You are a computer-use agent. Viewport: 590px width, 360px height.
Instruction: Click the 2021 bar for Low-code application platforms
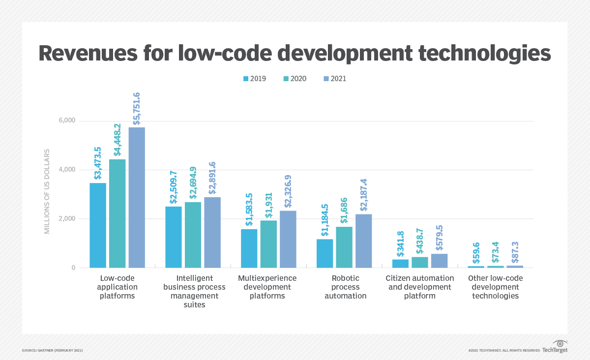click(x=137, y=197)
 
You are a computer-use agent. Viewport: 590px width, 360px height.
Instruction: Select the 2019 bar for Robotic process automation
click(x=324, y=253)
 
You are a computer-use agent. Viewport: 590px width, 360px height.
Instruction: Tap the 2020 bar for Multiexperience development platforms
click(x=268, y=244)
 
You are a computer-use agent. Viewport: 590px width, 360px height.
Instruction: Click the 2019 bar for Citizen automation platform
click(x=400, y=264)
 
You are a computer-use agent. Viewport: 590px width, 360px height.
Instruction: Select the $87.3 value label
click(x=515, y=251)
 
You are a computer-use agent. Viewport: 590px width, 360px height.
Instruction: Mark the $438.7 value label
click(x=420, y=241)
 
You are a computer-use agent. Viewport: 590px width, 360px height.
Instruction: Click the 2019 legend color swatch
click(x=246, y=79)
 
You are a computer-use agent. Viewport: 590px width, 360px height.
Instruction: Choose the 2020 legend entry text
click(x=298, y=79)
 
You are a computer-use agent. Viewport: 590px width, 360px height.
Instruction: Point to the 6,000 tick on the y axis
click(x=67, y=120)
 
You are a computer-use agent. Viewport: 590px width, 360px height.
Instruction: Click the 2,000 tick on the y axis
click(x=67, y=218)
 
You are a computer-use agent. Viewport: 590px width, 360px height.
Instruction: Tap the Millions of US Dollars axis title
click(x=47, y=191)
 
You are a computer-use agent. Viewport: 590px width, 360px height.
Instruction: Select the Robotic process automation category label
click(x=345, y=287)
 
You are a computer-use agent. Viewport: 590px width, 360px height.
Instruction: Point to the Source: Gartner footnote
click(x=52, y=350)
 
